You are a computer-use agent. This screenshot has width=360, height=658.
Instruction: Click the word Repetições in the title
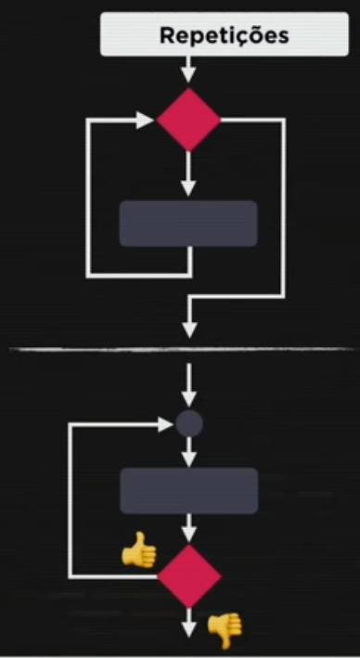coord(225,35)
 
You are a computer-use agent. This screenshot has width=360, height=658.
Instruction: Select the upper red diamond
coord(188,119)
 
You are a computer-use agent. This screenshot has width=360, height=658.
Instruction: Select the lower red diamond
coord(188,576)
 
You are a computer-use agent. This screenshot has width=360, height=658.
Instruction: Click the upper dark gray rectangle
coord(188,223)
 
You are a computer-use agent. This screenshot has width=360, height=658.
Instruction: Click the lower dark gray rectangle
coord(188,491)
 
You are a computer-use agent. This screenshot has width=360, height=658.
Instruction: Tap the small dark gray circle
coord(189,424)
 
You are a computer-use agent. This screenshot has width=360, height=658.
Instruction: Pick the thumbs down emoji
coord(223,630)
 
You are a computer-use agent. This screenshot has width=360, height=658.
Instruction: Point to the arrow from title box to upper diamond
coord(188,70)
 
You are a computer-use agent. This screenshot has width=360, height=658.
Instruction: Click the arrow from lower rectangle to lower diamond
coord(189,529)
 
